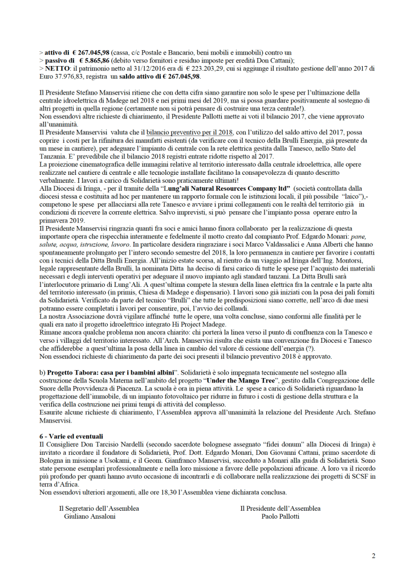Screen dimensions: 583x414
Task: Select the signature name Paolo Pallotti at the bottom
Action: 280,516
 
